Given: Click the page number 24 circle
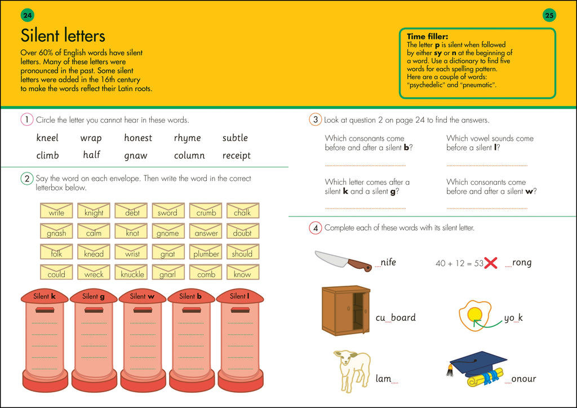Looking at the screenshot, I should pyautogui.click(x=27, y=15).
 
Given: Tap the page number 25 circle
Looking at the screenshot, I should pyautogui.click(x=549, y=15).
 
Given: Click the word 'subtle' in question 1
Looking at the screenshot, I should pyautogui.click(x=235, y=138).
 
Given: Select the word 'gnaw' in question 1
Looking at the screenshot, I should pyautogui.click(x=136, y=156).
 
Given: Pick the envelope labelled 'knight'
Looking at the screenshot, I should pyautogui.click(x=94, y=211).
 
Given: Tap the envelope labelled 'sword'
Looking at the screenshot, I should pyautogui.click(x=167, y=211).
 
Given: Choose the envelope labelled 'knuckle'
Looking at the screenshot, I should pyautogui.click(x=132, y=273).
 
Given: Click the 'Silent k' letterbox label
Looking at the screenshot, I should pyautogui.click(x=45, y=296).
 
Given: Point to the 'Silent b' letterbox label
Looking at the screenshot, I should pyautogui.click(x=190, y=296).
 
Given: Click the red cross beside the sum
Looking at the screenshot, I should pyautogui.click(x=491, y=263).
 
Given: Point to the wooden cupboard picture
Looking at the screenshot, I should pyautogui.click(x=345, y=310).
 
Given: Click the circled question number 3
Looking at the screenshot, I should pyautogui.click(x=315, y=119).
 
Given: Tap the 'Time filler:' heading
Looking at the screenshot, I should pyautogui.click(x=427, y=37).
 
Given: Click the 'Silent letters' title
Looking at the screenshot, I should pyautogui.click(x=63, y=36).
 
